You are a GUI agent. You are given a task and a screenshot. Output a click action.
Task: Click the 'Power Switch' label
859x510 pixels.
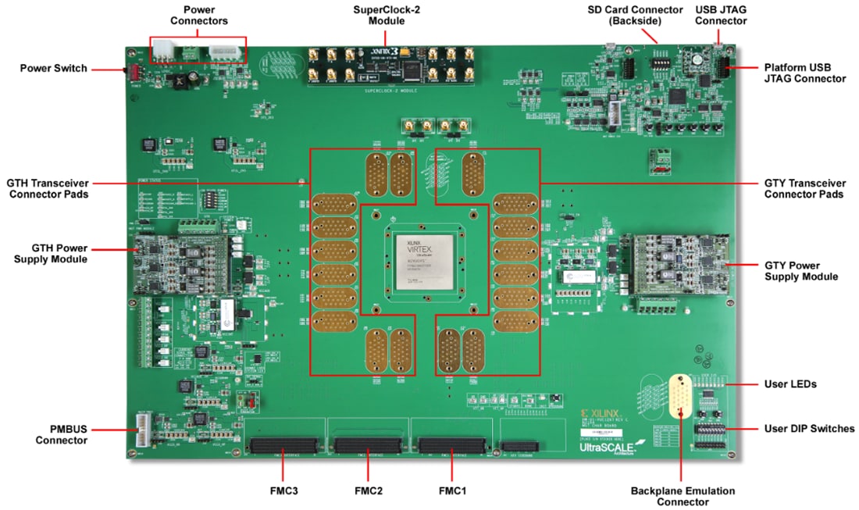pyautogui.click(x=53, y=69)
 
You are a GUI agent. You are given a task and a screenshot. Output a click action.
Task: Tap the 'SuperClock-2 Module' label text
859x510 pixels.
pyautogui.click(x=387, y=15)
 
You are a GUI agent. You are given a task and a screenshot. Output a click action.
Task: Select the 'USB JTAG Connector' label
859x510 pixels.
pyautogui.click(x=720, y=15)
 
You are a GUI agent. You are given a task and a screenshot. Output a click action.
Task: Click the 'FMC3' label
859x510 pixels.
pyautogui.click(x=282, y=491)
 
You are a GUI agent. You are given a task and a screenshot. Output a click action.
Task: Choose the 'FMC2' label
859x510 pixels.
pyautogui.click(x=368, y=491)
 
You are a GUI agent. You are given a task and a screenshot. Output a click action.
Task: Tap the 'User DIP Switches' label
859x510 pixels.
pyautogui.click(x=810, y=428)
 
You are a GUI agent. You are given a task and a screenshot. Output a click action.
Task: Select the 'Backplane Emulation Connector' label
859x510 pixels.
pyautogui.click(x=683, y=496)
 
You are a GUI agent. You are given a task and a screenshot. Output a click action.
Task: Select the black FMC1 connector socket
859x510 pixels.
pyautogui.click(x=451, y=447)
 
